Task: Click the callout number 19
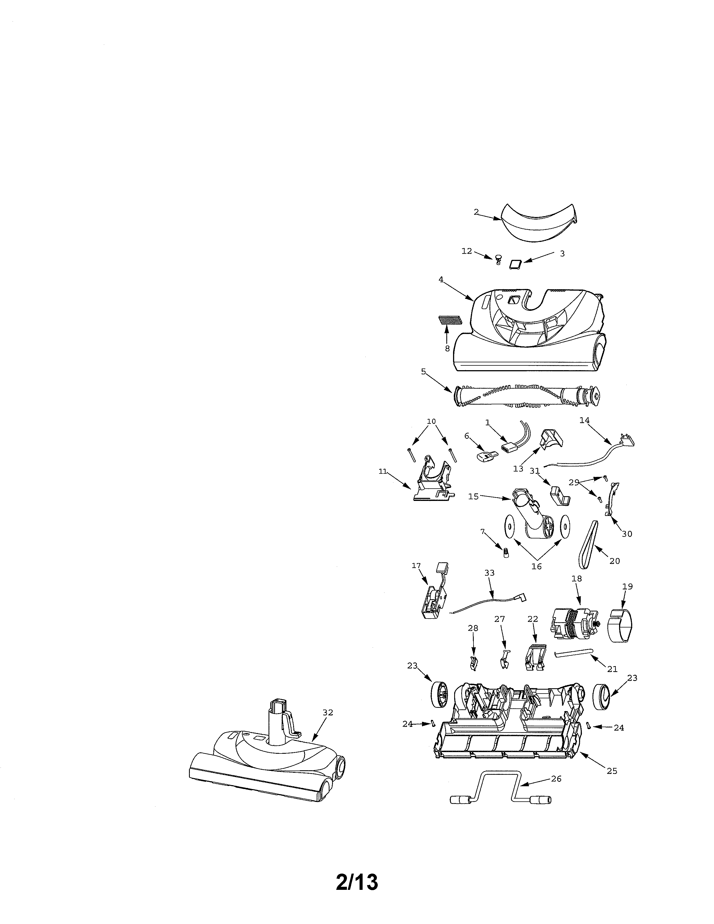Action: [627, 586]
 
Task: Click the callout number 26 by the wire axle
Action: [556, 778]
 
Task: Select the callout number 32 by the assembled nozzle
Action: [328, 713]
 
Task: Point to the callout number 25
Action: [612, 771]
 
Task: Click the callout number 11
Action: [383, 471]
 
